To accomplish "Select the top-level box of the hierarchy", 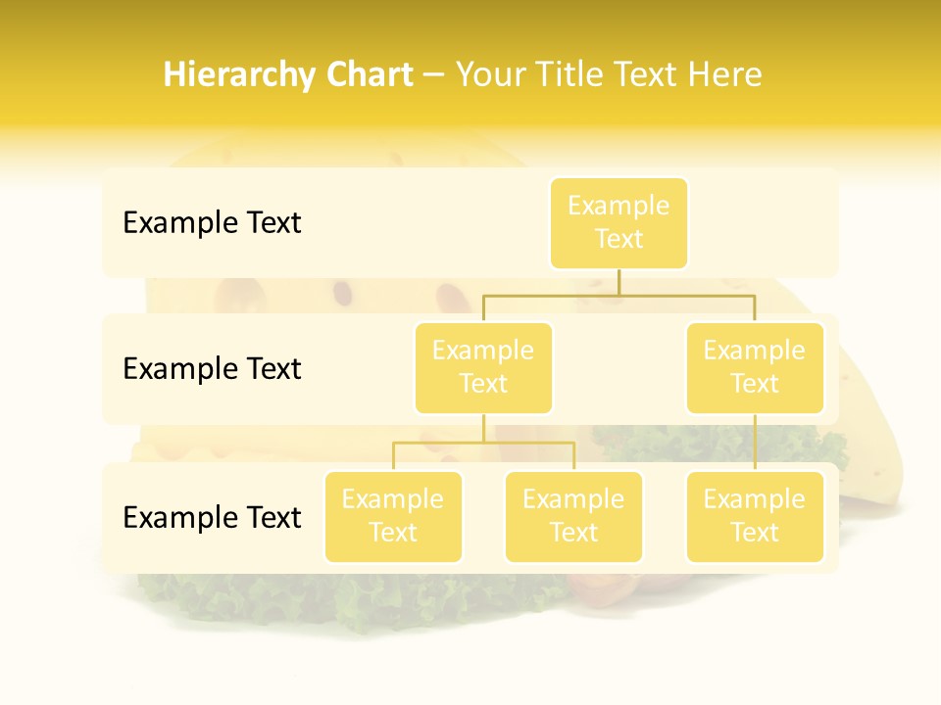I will pos(619,222).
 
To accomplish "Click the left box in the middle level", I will pos(483,367).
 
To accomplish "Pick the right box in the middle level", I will pos(755,367).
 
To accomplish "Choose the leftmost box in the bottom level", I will pos(393,516).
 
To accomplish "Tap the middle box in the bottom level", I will pos(573,516).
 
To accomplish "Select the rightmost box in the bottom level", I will pos(755,516).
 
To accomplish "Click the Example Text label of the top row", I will pos(212,223).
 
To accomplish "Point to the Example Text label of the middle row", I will pos(212,369).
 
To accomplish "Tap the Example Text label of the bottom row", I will pos(212,518).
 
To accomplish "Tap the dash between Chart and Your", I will pos(433,76).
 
